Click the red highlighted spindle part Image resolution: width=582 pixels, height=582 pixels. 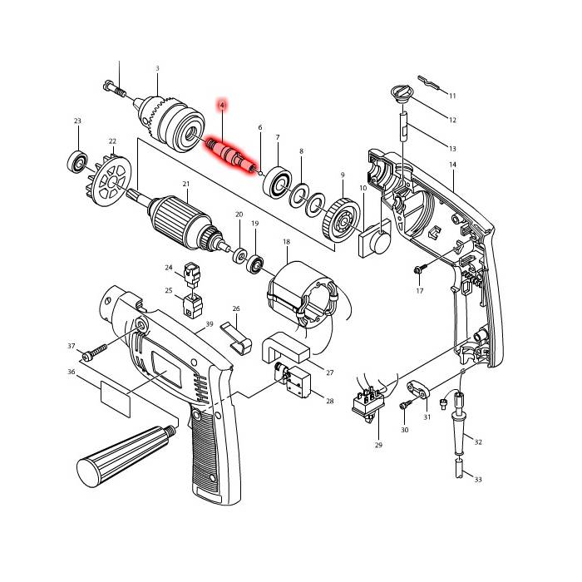pyautogui.click(x=231, y=155)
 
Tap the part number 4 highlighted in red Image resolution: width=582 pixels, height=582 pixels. pyautogui.click(x=222, y=106)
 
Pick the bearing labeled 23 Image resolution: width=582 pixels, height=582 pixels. pyautogui.click(x=77, y=161)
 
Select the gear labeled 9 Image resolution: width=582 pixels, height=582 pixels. pyautogui.click(x=342, y=220)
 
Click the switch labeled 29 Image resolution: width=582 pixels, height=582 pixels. pyautogui.click(x=367, y=403)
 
